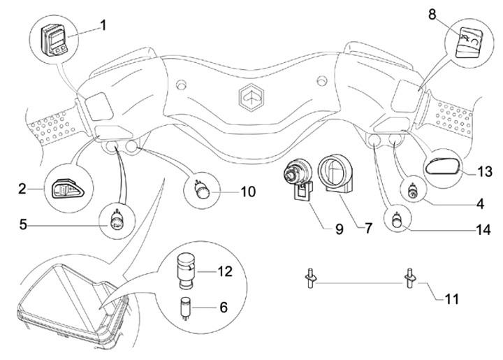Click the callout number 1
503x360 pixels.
coord(103,25)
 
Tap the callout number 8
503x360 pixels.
coord(432,15)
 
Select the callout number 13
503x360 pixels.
coord(485,172)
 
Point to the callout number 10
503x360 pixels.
coord(248,192)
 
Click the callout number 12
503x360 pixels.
coord(225,271)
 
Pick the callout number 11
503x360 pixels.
coord(452,299)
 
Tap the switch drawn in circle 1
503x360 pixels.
coord(54,40)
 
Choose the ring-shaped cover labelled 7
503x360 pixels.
coord(335,173)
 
